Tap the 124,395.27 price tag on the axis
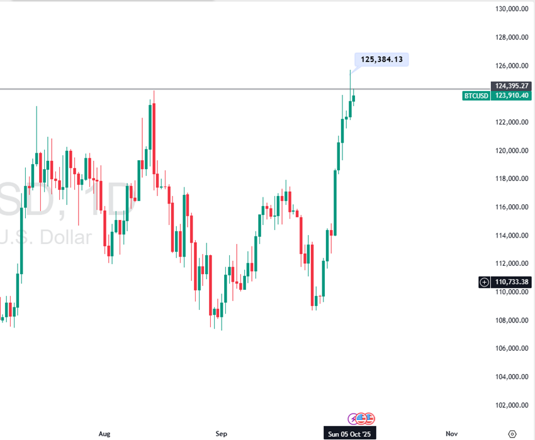point(510,85)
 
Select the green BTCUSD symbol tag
point(476,96)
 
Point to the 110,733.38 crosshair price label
point(511,282)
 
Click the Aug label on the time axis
point(105,434)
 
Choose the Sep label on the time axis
point(221,434)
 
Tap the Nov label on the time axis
point(451,434)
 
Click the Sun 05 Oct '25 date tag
point(349,434)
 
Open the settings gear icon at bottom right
point(512,434)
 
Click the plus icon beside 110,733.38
point(484,282)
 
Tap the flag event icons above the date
point(362,418)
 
